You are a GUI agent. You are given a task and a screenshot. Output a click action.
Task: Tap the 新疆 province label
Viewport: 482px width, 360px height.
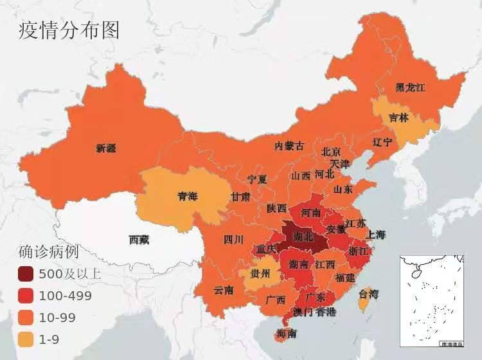106,148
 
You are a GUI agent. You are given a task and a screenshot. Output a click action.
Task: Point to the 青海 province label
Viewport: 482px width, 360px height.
188,197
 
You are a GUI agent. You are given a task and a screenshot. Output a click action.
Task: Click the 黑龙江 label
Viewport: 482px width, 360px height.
411,87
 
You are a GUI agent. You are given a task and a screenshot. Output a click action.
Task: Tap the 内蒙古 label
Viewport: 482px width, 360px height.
289,146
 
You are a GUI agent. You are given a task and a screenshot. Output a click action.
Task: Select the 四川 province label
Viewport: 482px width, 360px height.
233,240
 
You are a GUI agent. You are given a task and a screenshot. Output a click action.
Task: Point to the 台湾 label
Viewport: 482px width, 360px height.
368,295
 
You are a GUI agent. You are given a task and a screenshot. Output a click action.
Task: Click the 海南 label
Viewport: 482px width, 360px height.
286,334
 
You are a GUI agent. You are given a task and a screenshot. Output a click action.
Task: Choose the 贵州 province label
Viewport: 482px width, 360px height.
262,274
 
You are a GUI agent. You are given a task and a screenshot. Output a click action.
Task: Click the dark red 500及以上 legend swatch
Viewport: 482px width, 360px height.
25,274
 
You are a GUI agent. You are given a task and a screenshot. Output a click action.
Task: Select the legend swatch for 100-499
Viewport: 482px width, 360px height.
25,296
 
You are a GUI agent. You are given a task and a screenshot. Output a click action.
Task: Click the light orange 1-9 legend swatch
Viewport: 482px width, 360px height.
25,339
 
